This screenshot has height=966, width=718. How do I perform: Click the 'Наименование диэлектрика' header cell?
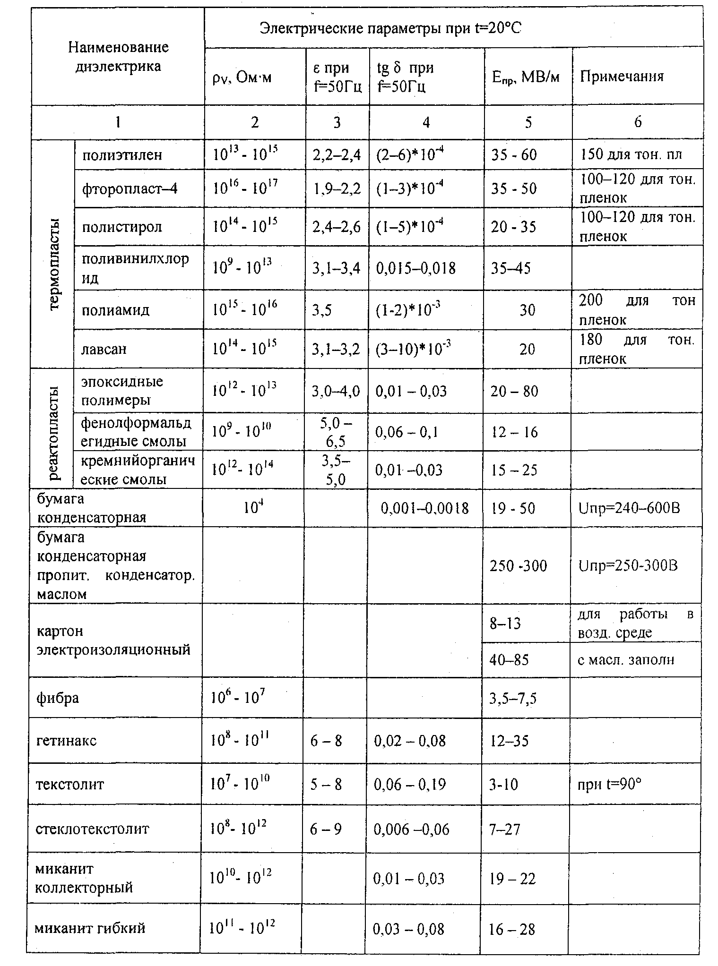pyautogui.click(x=118, y=57)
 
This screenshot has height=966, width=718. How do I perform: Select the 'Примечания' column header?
pyautogui.click(x=622, y=77)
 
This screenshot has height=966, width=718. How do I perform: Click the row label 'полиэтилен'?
pyautogui.click(x=122, y=155)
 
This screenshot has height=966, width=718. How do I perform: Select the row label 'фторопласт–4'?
pyautogui.click(x=130, y=188)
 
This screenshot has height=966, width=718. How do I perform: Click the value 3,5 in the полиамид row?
pyautogui.click(x=322, y=310)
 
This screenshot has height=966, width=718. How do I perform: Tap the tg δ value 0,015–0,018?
pyautogui.click(x=416, y=268)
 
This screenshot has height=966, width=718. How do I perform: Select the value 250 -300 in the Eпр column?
pyautogui.click(x=518, y=565)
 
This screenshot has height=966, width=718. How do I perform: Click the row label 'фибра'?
pyautogui.click(x=58, y=698)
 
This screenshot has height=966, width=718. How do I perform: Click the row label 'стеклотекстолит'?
pyautogui.click(x=92, y=829)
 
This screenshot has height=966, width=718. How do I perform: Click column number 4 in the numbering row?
pyautogui.click(x=426, y=122)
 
